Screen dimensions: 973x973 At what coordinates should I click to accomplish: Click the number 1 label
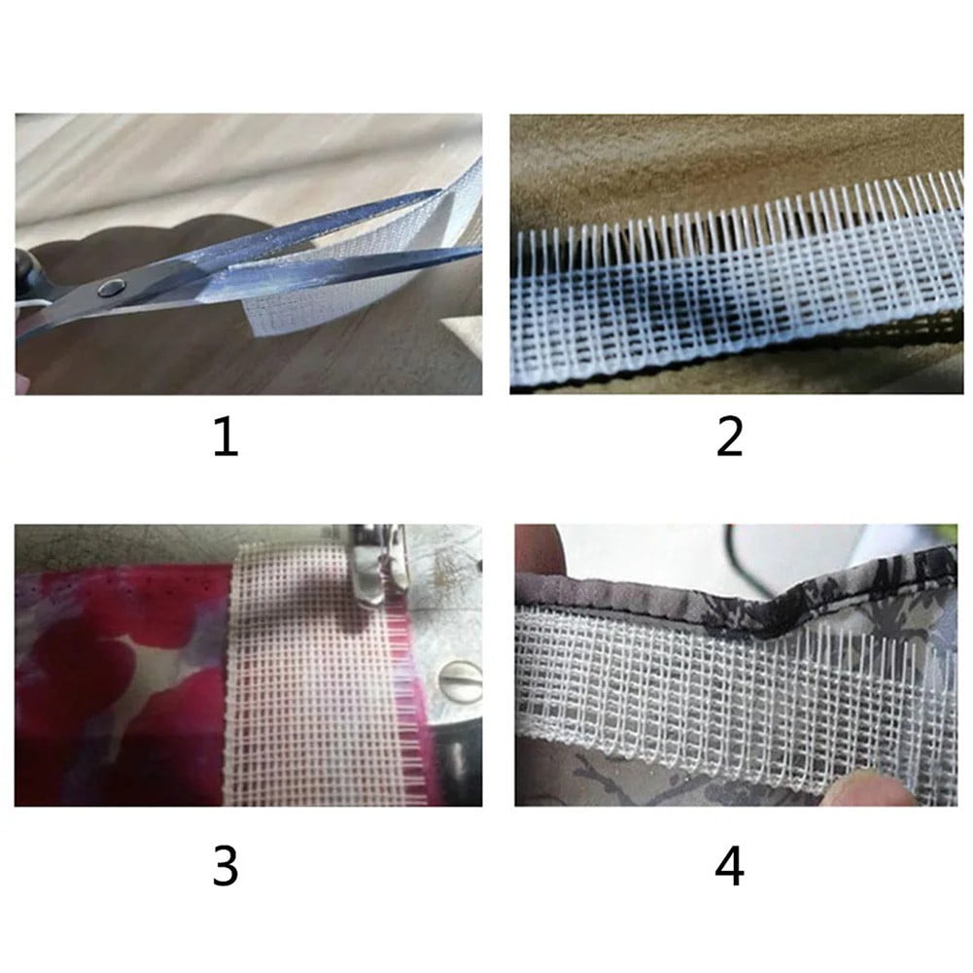click(x=226, y=436)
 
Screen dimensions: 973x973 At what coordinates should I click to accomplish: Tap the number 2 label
click(x=729, y=436)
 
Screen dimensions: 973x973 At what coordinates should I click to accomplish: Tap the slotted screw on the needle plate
click(x=460, y=681)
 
